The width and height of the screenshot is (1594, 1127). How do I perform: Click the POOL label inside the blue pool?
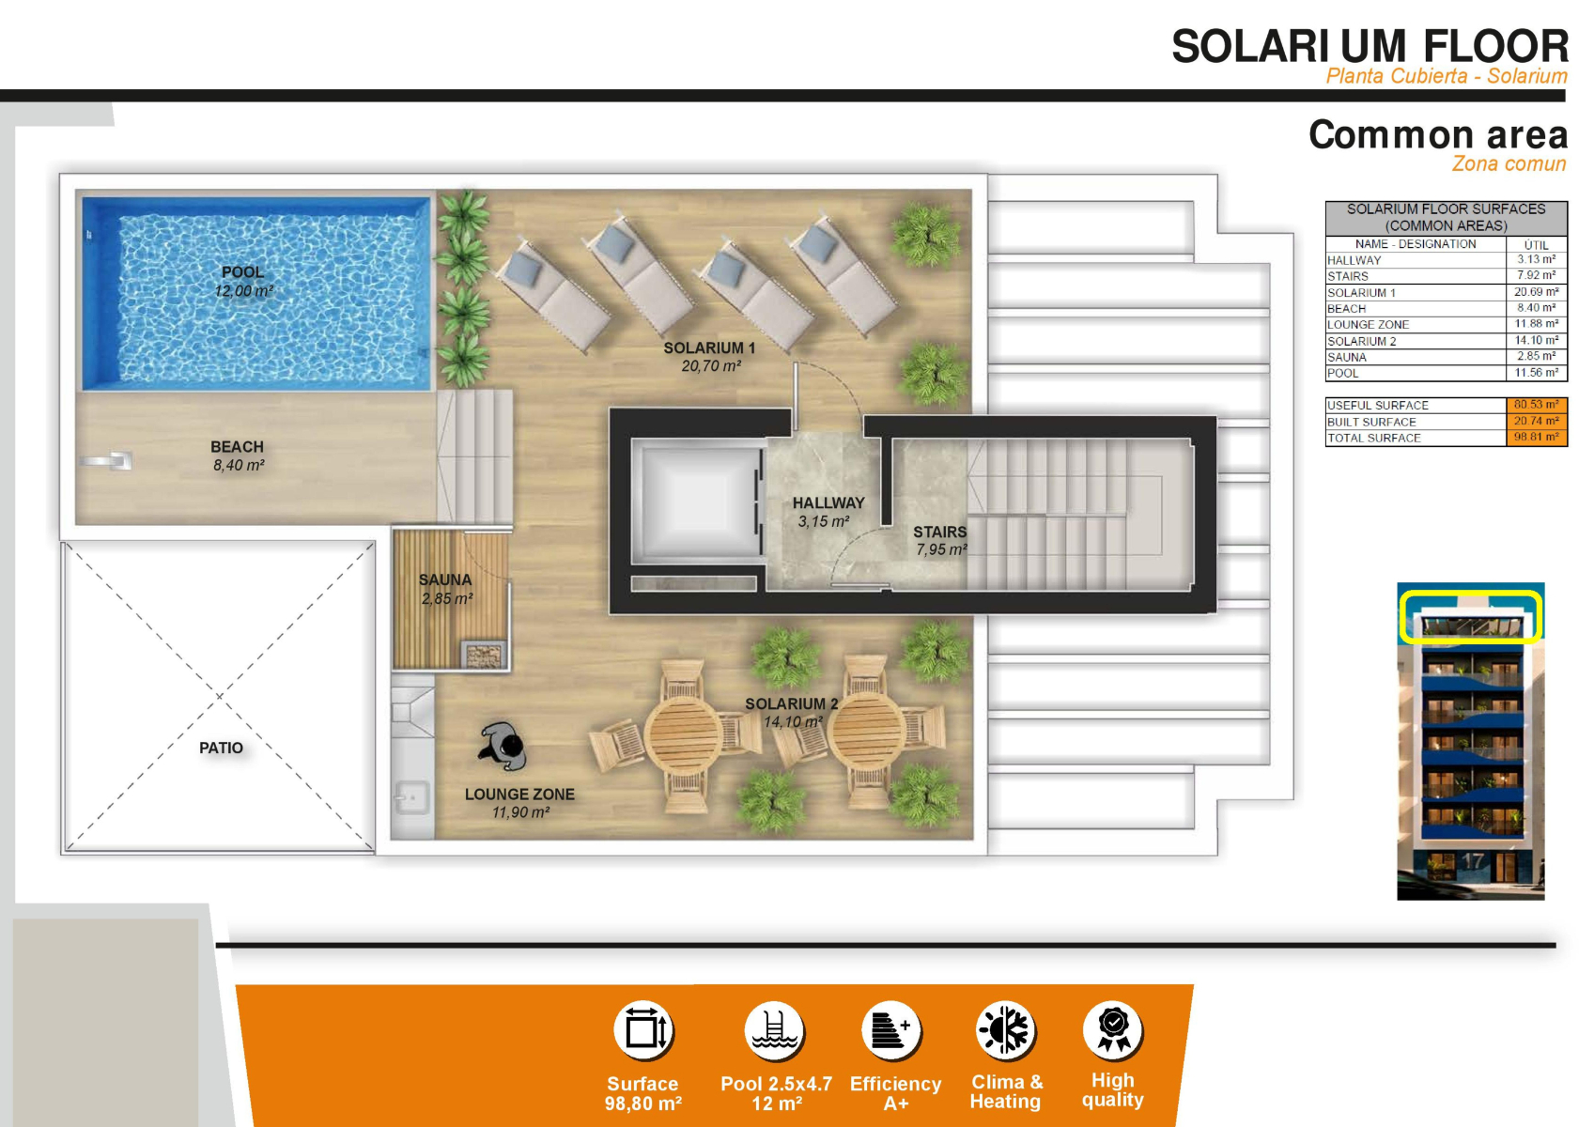pyautogui.click(x=242, y=272)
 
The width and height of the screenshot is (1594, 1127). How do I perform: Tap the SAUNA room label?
pyautogui.click(x=444, y=579)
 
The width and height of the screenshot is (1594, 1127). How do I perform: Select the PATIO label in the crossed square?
pyautogui.click(x=222, y=748)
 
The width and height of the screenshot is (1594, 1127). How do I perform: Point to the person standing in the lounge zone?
pyautogui.click(x=503, y=747)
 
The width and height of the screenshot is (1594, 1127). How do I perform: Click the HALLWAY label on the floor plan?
pyautogui.click(x=828, y=503)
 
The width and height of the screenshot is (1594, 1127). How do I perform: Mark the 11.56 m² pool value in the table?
pyautogui.click(x=1536, y=372)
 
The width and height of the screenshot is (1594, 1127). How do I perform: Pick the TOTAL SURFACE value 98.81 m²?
pyautogui.click(x=1536, y=437)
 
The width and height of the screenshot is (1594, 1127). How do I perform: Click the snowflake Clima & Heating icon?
pyautogui.click(x=1005, y=1029)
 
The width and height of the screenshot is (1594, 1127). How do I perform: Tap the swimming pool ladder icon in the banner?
pyautogui.click(x=774, y=1030)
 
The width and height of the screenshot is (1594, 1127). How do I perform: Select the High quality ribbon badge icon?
pyautogui.click(x=1113, y=1028)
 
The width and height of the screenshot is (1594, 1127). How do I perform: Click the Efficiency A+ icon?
pyautogui.click(x=891, y=1029)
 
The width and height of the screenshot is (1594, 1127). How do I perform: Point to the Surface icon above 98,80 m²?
pyautogui.click(x=643, y=1030)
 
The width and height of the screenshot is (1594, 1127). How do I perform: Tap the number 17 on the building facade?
pyautogui.click(x=1472, y=861)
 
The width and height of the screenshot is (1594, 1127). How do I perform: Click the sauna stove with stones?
pyautogui.click(x=484, y=655)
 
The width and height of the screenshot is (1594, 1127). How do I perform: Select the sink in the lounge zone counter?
pyautogui.click(x=412, y=797)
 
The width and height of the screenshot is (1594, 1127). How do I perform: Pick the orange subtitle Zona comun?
pyautogui.click(x=1509, y=164)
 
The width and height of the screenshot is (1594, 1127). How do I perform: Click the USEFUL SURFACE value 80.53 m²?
pyautogui.click(x=1536, y=405)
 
